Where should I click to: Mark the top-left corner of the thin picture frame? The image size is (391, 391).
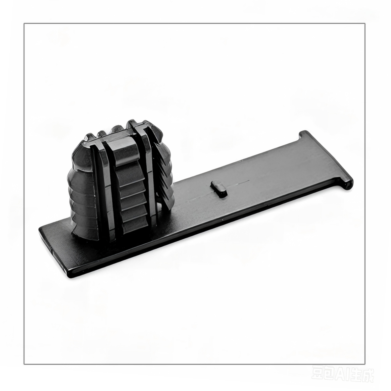click(24, 24)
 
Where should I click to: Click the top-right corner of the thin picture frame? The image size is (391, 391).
click(365, 24)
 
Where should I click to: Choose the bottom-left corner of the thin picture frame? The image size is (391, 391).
click(24, 364)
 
